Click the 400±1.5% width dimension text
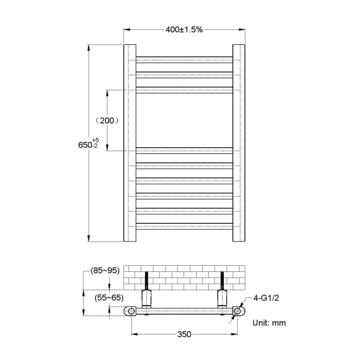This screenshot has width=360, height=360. coord(184,29)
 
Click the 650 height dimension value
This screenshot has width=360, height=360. coord(85,145)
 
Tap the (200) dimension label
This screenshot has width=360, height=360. coord(106,120)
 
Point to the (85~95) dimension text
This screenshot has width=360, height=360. coord(105,271)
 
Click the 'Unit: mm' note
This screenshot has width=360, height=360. coord(269,322)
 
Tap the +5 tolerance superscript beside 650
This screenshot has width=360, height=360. coord(95,139)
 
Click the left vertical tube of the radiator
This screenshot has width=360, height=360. coord(128,143)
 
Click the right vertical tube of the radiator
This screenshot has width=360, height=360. coord(239,143)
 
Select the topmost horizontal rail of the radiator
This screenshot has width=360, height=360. coord(184,59)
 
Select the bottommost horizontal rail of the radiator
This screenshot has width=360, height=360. coord(184,224)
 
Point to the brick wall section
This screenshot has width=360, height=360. coord(184,275)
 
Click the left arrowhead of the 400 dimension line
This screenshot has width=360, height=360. coord(125,30)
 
